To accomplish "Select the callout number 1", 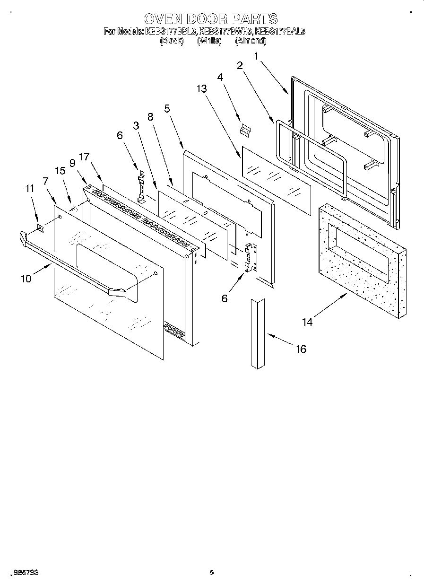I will point(257,56).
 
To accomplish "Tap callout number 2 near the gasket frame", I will point(240,65).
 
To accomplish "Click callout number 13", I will point(202,88).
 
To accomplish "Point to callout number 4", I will point(220,76).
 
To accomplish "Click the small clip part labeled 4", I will point(245,129).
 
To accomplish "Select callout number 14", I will point(307,322).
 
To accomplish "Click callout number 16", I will point(301,349).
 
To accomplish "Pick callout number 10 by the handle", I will point(26,279).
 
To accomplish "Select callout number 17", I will point(84,157).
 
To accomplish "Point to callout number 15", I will point(61,171).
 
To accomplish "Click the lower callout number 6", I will point(225,298).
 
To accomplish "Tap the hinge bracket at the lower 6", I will point(250,258).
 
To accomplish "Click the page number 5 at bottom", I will point(211,573).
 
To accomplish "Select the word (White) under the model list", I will point(209,41).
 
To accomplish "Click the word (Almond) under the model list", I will point(251,41).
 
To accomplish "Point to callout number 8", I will point(151,117).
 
